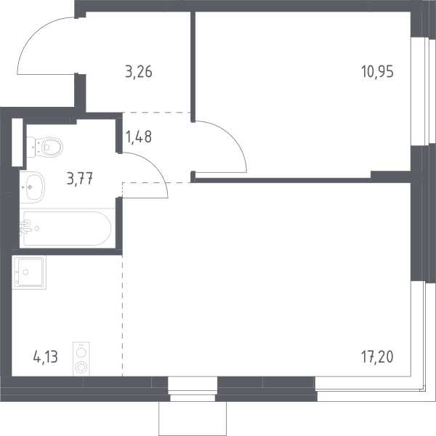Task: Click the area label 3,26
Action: pos(139,72)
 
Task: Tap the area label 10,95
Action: pos(377,72)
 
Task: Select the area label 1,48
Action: pos(139,137)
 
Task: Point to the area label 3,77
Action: pos(80,178)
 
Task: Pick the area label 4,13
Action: pos(45,357)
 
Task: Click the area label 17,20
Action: pos(377,357)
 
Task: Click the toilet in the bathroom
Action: pos(45,147)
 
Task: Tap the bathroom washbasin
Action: pos(32,187)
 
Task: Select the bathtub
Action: pos(68,229)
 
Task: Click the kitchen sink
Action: pos(29,272)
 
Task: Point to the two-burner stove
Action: pos(81,359)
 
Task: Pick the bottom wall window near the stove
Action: pos(193,389)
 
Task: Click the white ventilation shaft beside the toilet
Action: pos(17,142)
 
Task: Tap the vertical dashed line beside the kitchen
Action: pos(122,315)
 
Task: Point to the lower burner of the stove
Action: pos(81,367)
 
